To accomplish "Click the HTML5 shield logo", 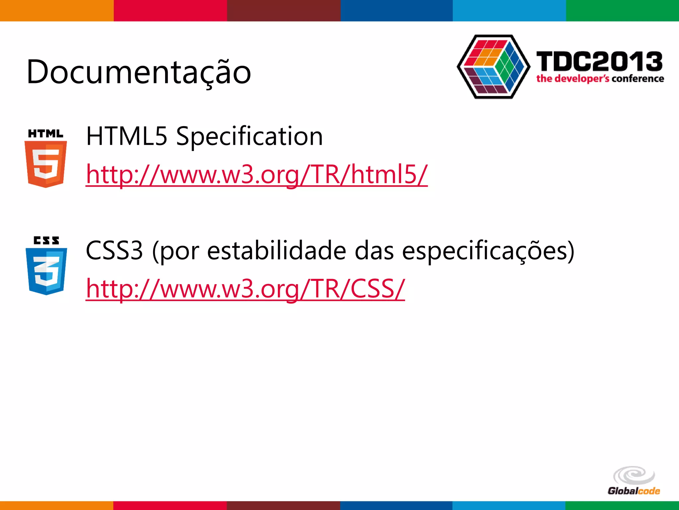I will (x=46, y=164).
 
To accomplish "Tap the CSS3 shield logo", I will (x=46, y=271).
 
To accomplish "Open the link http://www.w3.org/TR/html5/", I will (x=257, y=174).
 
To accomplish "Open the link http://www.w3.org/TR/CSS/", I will (x=245, y=289).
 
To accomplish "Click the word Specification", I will (x=249, y=136).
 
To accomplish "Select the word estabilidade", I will (x=277, y=251).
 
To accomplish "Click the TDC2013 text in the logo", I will (x=599, y=62).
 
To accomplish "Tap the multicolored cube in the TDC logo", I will (x=493, y=66).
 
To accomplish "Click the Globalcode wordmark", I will (x=634, y=491).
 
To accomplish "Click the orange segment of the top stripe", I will (x=57, y=11).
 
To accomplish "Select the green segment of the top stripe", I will (x=622, y=11).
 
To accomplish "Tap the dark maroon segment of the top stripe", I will (x=283, y=11).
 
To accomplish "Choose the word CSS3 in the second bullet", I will (x=114, y=251).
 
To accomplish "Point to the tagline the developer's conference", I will (x=600, y=79).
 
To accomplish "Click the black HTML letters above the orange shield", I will (x=45, y=133).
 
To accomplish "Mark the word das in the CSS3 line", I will (x=374, y=251).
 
